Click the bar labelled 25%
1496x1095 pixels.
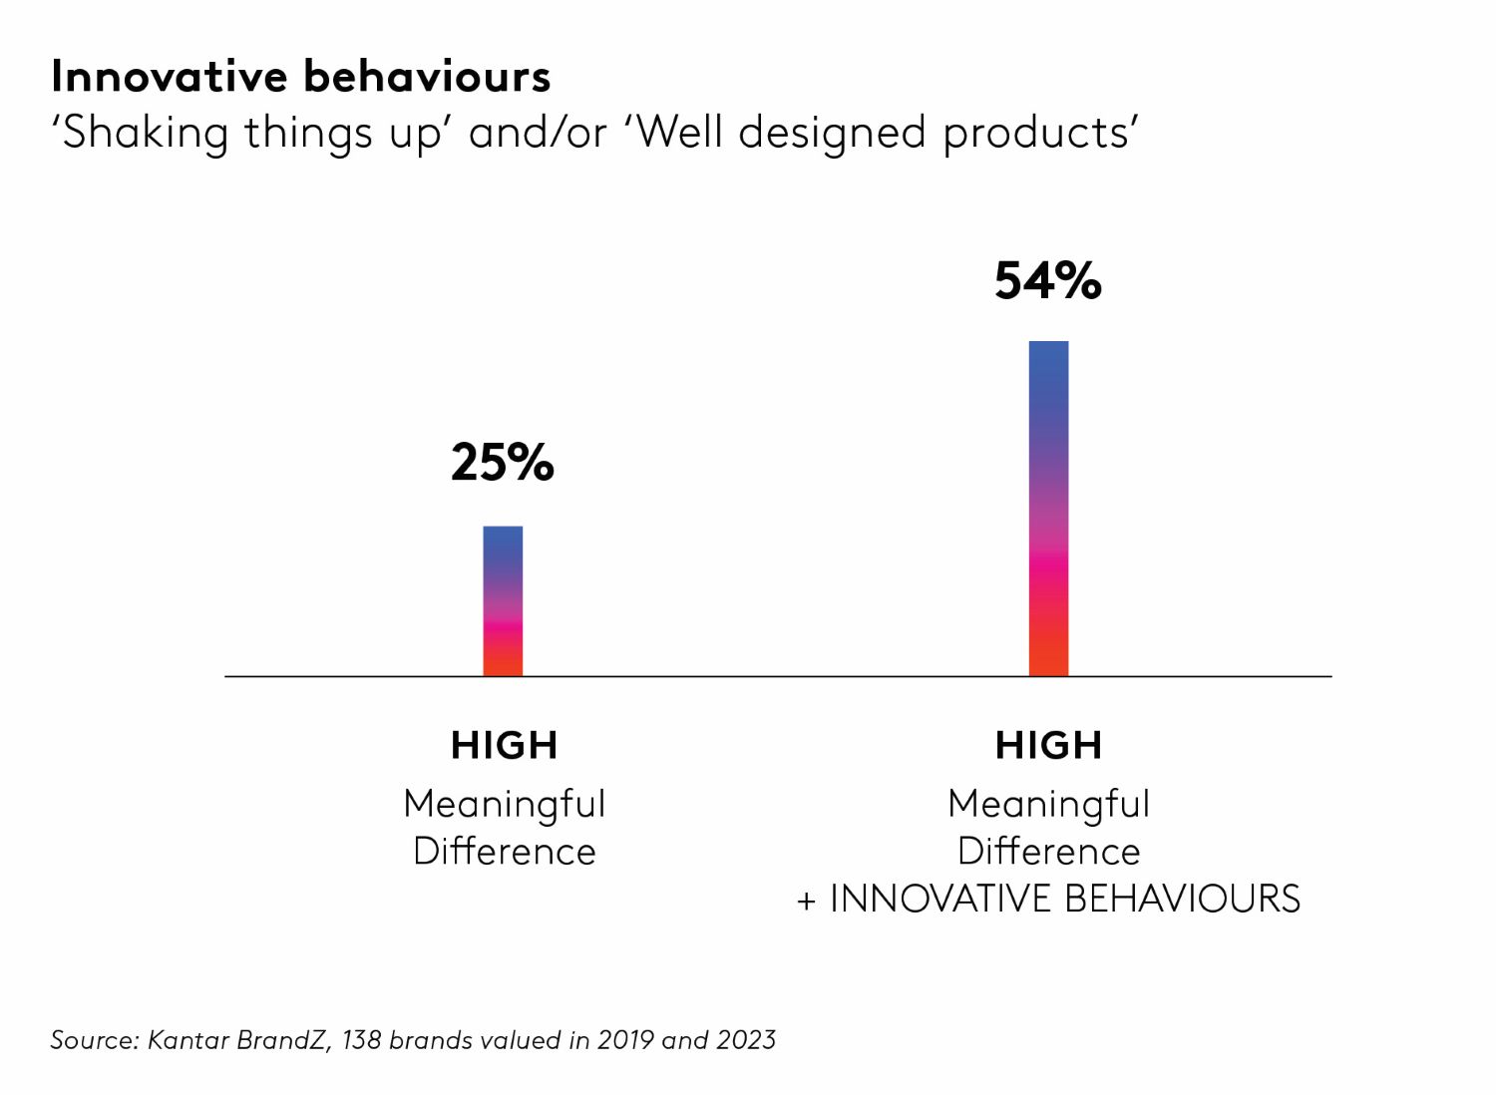point(503,601)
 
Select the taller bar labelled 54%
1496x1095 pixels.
point(1048,509)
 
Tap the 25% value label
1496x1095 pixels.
point(502,463)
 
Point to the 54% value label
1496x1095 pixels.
point(1047,281)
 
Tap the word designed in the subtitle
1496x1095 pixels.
point(832,134)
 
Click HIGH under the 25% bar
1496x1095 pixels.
point(504,746)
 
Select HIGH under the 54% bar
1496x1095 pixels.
point(1048,746)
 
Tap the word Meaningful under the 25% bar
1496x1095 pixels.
point(504,804)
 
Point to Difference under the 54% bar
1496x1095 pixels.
point(1048,852)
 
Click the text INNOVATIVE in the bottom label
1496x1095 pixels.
point(940,900)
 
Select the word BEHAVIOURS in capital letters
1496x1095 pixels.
point(1183,900)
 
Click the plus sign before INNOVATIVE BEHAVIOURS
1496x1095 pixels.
point(806,902)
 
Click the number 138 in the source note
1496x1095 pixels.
point(360,1040)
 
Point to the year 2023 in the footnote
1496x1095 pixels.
point(745,1040)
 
